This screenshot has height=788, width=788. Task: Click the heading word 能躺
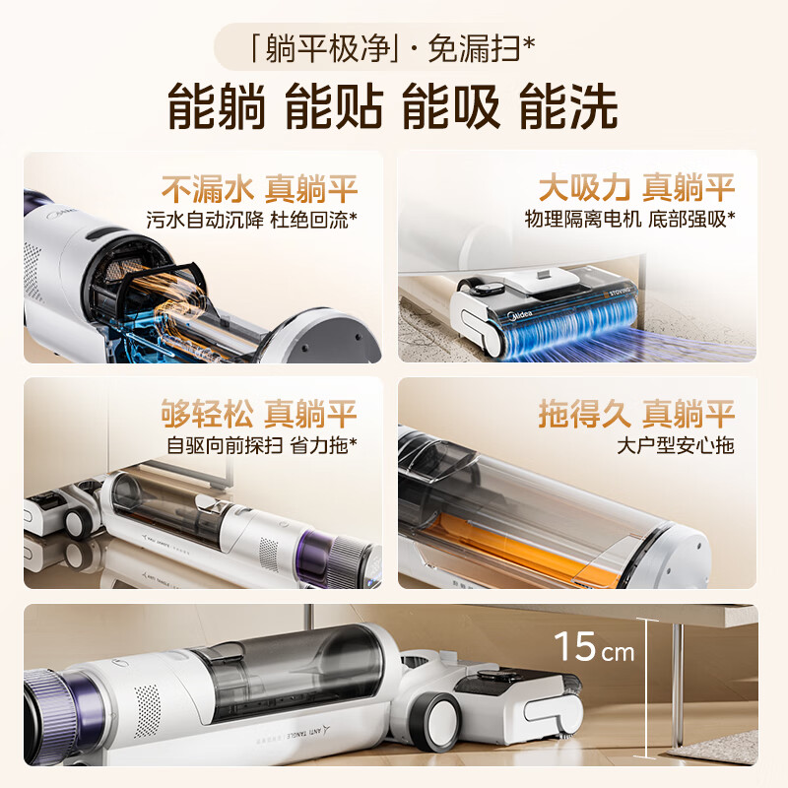pos(217,106)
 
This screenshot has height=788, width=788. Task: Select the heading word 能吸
pos(451,106)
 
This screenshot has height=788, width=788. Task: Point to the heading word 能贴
pos(334,106)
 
